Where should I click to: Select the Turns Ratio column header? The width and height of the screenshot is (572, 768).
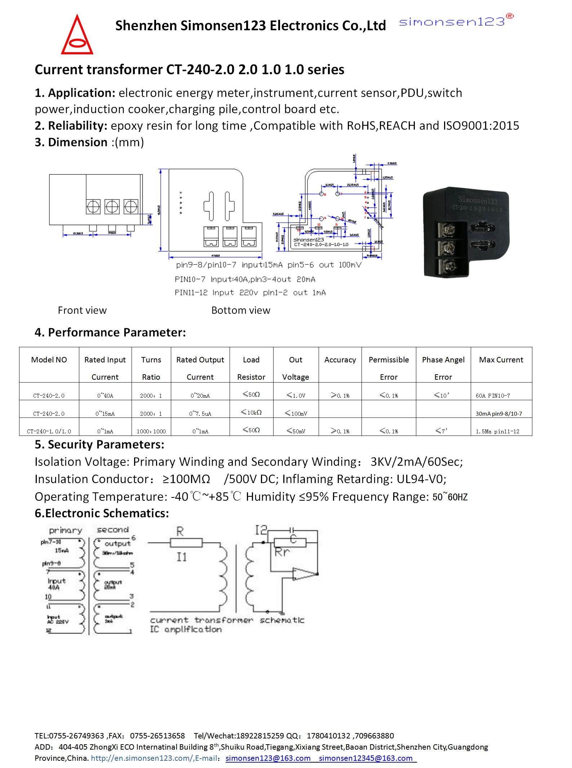(151, 368)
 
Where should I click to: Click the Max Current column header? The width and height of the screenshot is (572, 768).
(501, 360)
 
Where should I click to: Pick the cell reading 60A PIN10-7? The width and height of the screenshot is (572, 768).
(493, 396)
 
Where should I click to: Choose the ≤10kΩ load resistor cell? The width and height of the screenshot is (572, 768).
(251, 412)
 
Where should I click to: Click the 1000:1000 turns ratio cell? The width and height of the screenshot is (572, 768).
(151, 431)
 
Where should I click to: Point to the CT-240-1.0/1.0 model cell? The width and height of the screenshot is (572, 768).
(49, 431)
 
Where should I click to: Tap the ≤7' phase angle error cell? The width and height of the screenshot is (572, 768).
(443, 430)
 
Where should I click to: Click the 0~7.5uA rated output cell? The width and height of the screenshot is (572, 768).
(200, 414)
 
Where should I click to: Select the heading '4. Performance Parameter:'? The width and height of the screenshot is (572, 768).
(110, 332)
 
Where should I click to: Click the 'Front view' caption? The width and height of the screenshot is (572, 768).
(82, 310)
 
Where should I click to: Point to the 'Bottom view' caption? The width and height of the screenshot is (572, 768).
(241, 310)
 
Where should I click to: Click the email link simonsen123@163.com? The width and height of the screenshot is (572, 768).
(268, 758)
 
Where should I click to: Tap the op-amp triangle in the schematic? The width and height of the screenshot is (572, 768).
(303, 574)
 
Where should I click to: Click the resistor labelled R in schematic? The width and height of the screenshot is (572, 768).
(186, 542)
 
